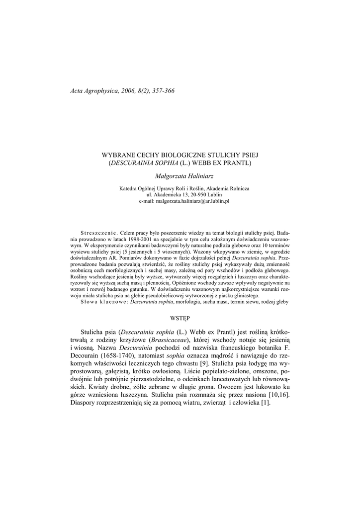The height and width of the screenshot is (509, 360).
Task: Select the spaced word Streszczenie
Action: [97, 233]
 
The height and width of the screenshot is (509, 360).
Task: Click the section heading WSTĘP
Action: [180, 317]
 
